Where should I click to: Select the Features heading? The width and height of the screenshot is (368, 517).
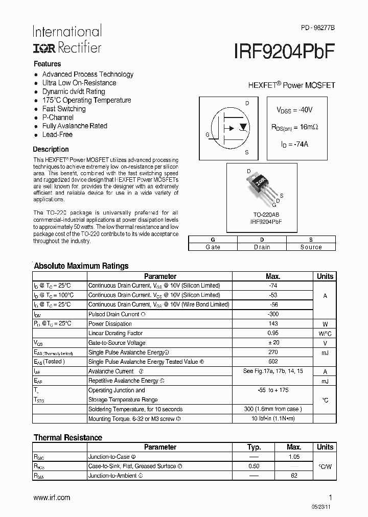[47, 64]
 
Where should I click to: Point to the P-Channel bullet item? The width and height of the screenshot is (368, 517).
[58, 118]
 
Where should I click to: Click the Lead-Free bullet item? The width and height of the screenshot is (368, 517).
[57, 135]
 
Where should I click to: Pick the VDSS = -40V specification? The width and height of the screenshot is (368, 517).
[294, 110]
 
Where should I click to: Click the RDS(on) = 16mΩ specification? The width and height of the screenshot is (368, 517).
[294, 127]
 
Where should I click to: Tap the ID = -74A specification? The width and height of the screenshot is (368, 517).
[294, 144]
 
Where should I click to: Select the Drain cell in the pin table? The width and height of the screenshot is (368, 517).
[262, 247]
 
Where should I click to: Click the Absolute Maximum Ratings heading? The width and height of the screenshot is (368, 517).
[81, 266]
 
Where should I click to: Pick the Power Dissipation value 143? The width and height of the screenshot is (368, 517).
[273, 324]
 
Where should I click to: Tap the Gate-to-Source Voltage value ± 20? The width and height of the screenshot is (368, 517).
[273, 343]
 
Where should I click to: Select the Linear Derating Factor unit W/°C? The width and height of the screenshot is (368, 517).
[325, 334]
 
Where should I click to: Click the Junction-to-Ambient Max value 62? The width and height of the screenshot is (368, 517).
[293, 476]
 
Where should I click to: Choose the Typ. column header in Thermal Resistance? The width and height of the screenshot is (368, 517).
[254, 447]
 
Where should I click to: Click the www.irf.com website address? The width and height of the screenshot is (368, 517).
[52, 498]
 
